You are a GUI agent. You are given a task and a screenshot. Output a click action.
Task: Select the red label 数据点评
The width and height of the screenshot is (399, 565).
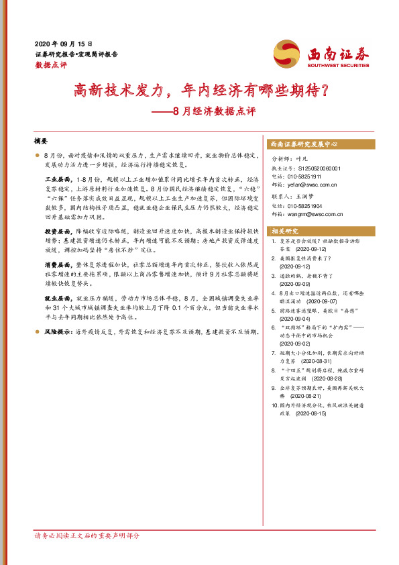point(49,65)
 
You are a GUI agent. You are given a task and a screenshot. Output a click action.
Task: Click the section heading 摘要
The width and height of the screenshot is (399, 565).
point(41,142)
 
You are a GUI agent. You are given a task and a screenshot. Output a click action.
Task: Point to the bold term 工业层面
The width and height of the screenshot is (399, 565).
point(58,181)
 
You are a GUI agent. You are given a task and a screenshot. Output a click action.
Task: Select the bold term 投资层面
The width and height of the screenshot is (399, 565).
point(58,230)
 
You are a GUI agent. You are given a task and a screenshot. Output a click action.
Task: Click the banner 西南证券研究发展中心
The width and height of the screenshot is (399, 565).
point(303,144)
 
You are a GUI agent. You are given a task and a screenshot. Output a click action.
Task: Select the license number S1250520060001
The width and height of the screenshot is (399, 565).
point(319,167)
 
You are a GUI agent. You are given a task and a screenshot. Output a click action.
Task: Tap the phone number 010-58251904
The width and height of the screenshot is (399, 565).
point(311,207)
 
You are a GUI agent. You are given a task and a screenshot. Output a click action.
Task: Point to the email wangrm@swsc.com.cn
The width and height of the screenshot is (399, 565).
point(315,215)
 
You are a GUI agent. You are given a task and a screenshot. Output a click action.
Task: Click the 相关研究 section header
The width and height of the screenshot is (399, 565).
point(282,231)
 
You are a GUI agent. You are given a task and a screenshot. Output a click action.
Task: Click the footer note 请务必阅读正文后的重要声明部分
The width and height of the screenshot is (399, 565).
point(87,535)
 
